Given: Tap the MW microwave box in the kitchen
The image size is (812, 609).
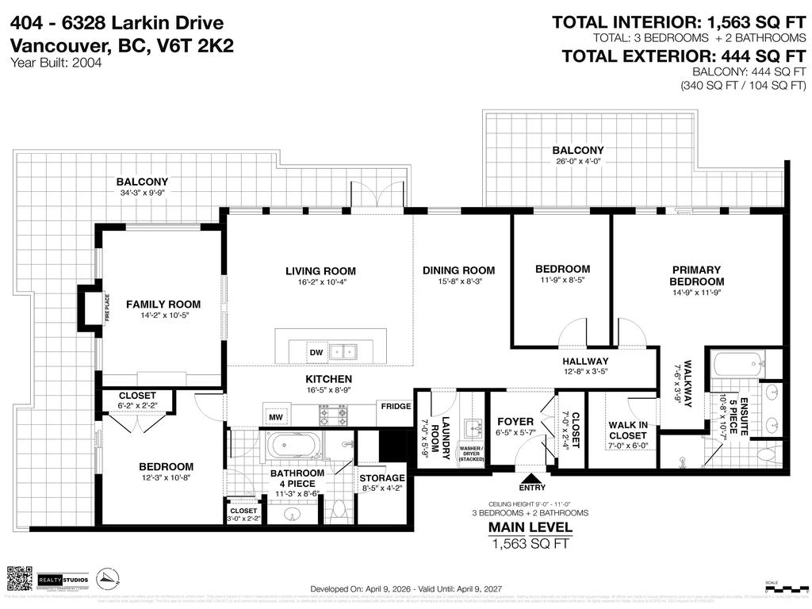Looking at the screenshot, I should coord(276,416).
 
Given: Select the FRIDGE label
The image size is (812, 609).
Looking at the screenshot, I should coord(396,407).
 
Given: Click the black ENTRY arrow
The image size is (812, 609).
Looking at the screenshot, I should coord(531,478).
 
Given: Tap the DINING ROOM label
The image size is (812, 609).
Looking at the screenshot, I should coord(458,270).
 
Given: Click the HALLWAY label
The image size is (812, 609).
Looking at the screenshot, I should coord(585,362).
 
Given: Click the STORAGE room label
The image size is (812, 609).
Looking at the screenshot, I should coord(382,478).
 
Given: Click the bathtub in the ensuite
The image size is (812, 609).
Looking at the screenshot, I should coord(738,364).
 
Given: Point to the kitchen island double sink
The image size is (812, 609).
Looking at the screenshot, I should coord(344,350).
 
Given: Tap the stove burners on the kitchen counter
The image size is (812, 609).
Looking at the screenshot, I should coord(332,414).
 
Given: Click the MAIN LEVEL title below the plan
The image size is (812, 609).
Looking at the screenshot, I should coord(530,527).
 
